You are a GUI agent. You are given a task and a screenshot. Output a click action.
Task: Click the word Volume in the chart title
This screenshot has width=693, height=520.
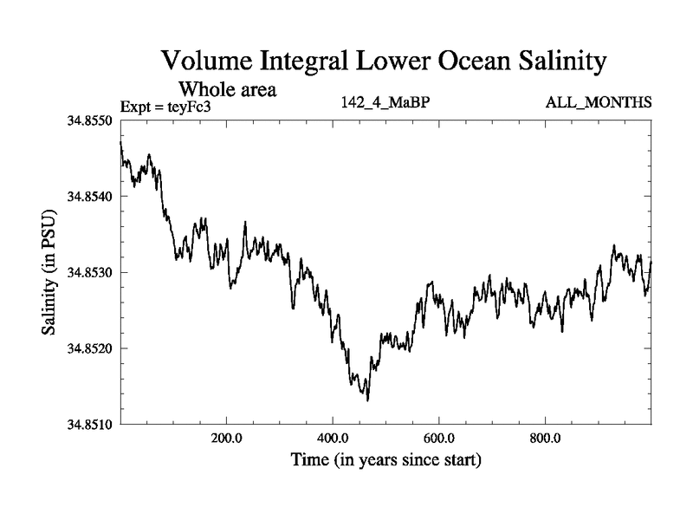pos(209,62)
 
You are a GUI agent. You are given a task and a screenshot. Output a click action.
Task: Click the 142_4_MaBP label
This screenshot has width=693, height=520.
pos(386,103)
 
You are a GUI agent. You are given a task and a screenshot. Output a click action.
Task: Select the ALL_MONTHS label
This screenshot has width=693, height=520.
pos(598,103)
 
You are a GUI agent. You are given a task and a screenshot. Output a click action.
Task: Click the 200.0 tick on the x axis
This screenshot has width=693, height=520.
pos(226,439)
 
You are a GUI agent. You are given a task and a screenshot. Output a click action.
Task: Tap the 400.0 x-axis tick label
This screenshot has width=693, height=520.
pos(333,439)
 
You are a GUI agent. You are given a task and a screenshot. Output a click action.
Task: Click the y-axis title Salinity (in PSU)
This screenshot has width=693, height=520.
pos(49,271)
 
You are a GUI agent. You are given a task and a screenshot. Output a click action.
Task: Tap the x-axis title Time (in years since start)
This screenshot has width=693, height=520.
pos(385,459)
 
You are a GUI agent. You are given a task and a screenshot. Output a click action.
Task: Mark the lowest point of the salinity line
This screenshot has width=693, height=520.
pos(368,400)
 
